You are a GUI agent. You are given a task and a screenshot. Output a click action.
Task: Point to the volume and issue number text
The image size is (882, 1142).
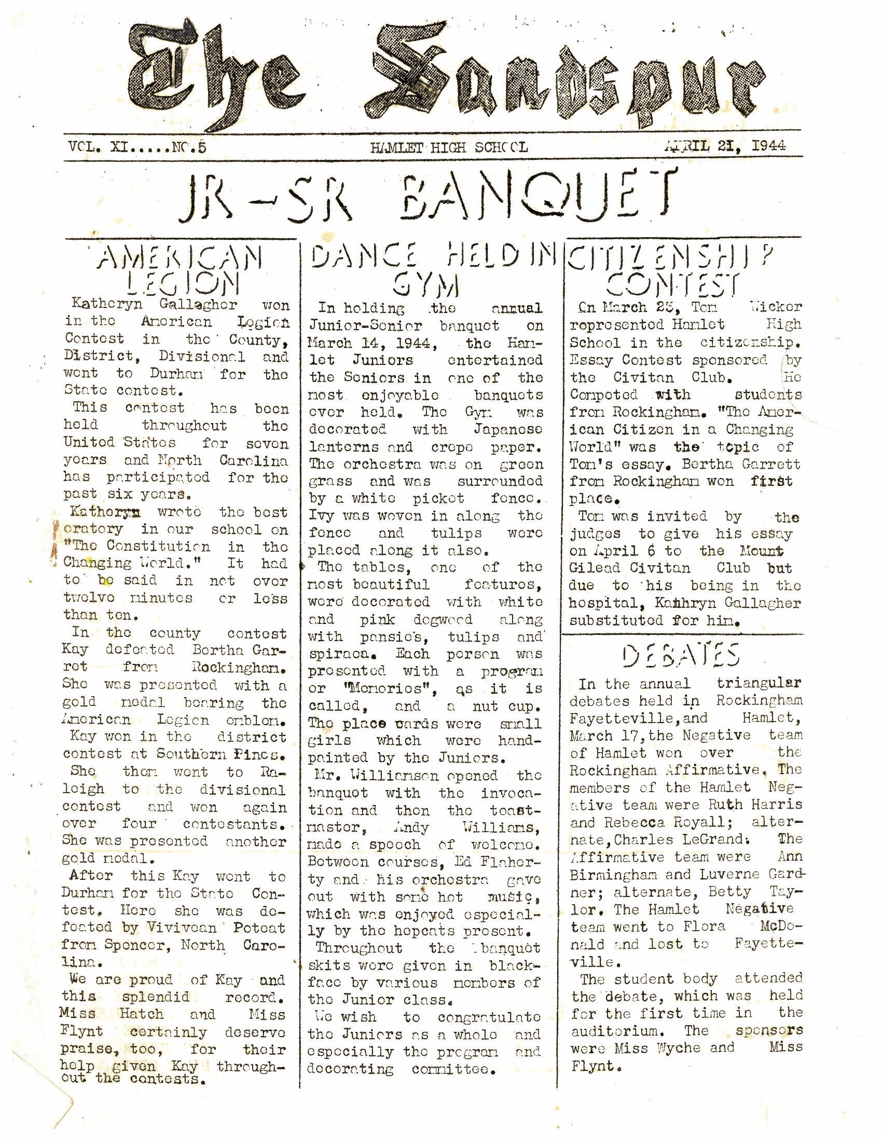click(x=137, y=147)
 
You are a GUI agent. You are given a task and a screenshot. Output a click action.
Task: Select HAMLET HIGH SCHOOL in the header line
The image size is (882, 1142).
click(x=449, y=147)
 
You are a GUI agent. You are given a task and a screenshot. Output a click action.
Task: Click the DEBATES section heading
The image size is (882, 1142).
click(x=681, y=656)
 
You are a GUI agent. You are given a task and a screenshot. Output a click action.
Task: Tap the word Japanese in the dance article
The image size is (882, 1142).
click(x=507, y=430)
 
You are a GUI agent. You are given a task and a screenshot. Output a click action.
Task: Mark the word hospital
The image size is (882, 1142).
click(x=600, y=603)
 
